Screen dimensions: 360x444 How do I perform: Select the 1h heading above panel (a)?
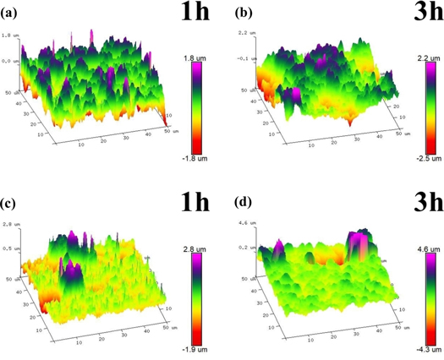pyautogui.click(x=189, y=15)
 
